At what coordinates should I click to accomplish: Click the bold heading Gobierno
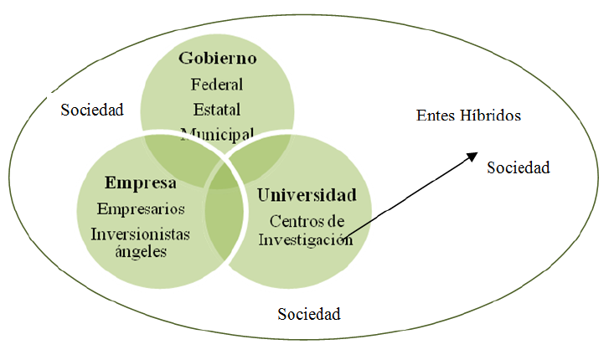pyautogui.click(x=217, y=59)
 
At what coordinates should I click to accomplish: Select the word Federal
pyautogui.click(x=217, y=84)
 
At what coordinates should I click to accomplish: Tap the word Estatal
pyautogui.click(x=217, y=109)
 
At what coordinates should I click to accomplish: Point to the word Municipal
pyautogui.click(x=217, y=133)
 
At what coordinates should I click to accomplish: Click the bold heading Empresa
pyautogui.click(x=140, y=183)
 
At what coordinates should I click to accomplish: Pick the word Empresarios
pyautogui.click(x=141, y=208)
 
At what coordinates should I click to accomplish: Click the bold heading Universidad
pyautogui.click(x=307, y=195)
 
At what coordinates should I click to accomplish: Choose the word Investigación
pyautogui.click(x=305, y=239)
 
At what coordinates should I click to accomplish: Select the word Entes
pyautogui.click(x=434, y=116)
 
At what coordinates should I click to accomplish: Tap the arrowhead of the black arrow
pyautogui.click(x=473, y=156)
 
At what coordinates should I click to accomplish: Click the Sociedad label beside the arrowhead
pyautogui.click(x=519, y=167)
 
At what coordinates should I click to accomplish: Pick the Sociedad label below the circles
pyautogui.click(x=309, y=314)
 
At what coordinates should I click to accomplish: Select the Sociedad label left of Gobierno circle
pyautogui.click(x=92, y=110)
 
